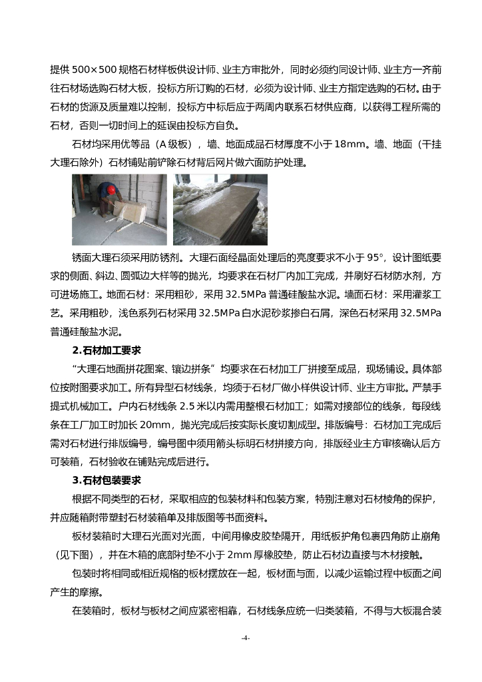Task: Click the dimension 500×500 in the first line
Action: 89,69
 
